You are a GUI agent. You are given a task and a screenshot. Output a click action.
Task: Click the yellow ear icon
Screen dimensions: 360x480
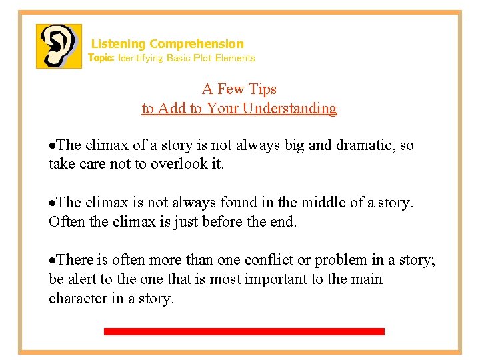59,46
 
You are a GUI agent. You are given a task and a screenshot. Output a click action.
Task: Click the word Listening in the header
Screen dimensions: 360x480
118,44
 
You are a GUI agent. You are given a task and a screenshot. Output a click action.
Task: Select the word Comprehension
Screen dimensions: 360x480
197,44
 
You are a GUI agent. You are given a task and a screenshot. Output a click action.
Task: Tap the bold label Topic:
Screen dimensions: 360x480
101,58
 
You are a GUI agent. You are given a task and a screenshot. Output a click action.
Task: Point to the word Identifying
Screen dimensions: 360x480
140,58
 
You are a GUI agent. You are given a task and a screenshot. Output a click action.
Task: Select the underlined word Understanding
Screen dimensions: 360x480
289,108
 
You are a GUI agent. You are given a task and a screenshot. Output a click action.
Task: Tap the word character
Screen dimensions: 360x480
77,298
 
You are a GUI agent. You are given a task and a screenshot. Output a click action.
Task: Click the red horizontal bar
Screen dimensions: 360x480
244,331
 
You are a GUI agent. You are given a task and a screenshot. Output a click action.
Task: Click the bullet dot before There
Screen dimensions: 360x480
53,260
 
